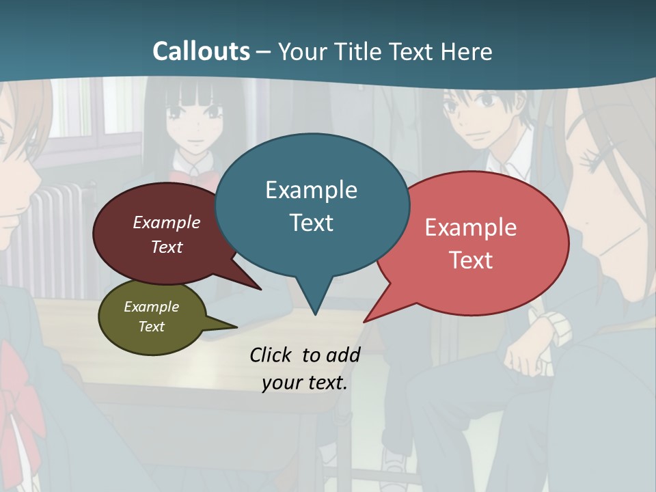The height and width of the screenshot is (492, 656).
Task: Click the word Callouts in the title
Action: click(201, 51)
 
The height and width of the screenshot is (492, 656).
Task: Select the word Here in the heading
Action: click(467, 51)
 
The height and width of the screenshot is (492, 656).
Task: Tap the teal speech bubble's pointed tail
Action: click(314, 301)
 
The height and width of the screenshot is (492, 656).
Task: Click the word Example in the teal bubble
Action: click(311, 190)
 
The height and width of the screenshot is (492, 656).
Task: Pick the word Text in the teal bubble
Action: click(311, 223)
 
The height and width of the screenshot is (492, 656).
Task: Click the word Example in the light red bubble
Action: click(471, 228)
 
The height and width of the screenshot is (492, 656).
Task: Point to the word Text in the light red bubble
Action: click(471, 260)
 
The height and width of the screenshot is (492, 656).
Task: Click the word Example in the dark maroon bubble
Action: click(166, 222)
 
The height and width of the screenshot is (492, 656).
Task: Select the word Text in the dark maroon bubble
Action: click(166, 247)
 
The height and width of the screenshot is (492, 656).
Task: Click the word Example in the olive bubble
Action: click(151, 307)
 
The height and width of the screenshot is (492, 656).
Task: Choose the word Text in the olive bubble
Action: click(151, 327)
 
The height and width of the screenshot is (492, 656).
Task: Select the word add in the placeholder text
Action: click(342, 355)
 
